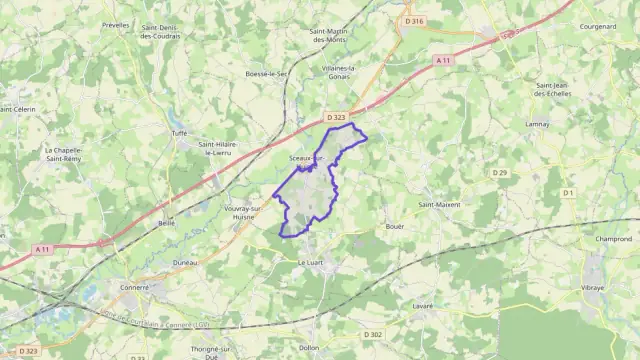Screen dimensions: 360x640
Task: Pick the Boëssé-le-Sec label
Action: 267,74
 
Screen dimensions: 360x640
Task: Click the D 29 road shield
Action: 500,173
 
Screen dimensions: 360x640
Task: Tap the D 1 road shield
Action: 568,192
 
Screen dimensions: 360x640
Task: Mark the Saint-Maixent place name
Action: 439,205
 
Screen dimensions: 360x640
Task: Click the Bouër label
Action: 395,227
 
